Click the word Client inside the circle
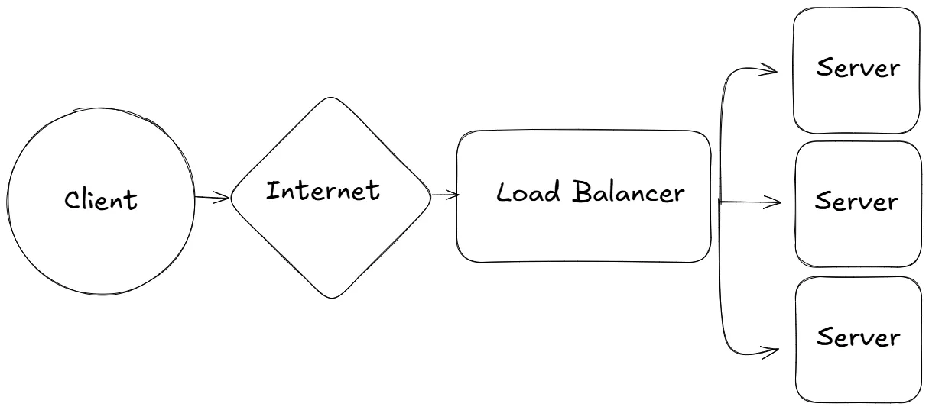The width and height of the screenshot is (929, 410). pos(101,199)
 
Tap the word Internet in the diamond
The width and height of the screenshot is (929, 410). pos(323,190)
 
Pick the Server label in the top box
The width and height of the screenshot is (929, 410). pos(858,68)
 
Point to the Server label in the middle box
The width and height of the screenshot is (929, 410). pos(856,202)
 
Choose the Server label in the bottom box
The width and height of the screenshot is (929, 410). pos(858,337)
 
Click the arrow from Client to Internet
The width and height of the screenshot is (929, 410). pos(212,199)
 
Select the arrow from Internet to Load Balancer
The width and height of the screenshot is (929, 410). pos(445,195)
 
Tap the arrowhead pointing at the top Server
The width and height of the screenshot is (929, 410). pos(772,72)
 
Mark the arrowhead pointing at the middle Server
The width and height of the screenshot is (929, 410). pos(775,203)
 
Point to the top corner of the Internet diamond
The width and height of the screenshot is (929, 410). pos(330,98)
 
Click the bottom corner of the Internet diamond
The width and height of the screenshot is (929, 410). pos(331,297)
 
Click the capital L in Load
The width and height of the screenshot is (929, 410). pos(504,192)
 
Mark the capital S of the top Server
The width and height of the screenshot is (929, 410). pos(824,68)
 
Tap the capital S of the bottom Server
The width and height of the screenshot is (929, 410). pos(824,337)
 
